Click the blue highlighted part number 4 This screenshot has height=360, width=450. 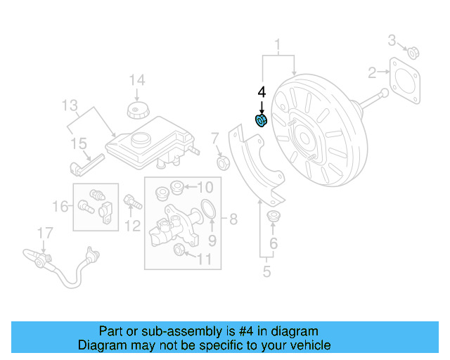coord(261,121)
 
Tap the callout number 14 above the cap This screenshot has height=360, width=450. coord(136,79)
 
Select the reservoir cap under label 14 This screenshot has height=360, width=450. coord(136,110)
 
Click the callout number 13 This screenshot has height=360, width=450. coord(70,106)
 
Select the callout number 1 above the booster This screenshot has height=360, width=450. coord(278,46)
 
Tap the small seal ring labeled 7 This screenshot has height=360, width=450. coord(224,164)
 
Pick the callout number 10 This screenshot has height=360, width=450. coord(204,187)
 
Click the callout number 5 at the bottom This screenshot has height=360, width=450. coord(266,271)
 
